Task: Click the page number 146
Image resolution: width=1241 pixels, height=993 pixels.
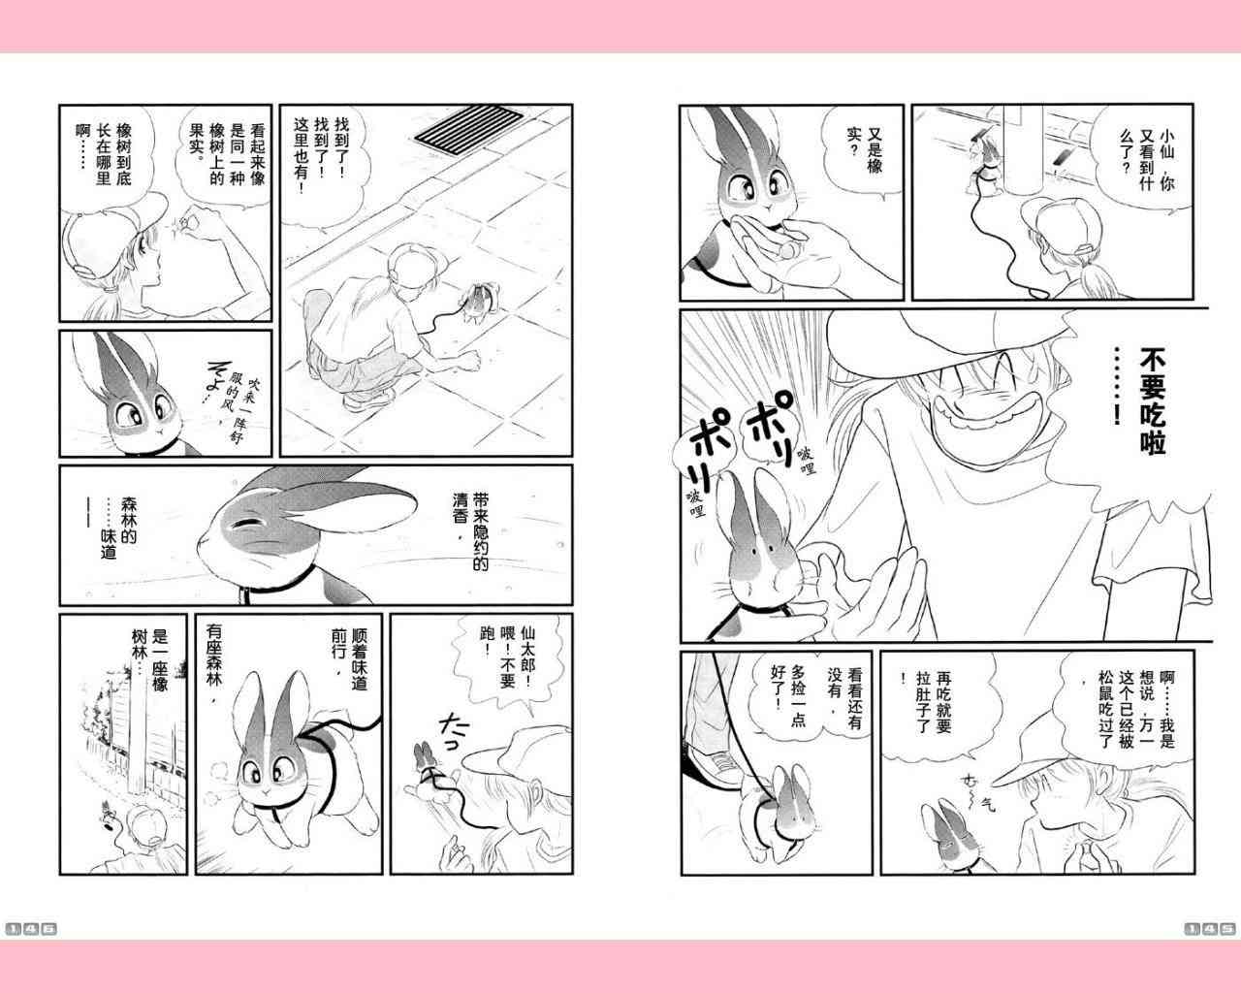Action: (x=31, y=929)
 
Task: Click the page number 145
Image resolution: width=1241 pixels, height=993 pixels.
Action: (x=1209, y=929)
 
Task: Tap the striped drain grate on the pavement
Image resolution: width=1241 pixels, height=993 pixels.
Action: (x=468, y=130)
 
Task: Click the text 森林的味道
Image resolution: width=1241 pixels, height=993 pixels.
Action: (x=118, y=529)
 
